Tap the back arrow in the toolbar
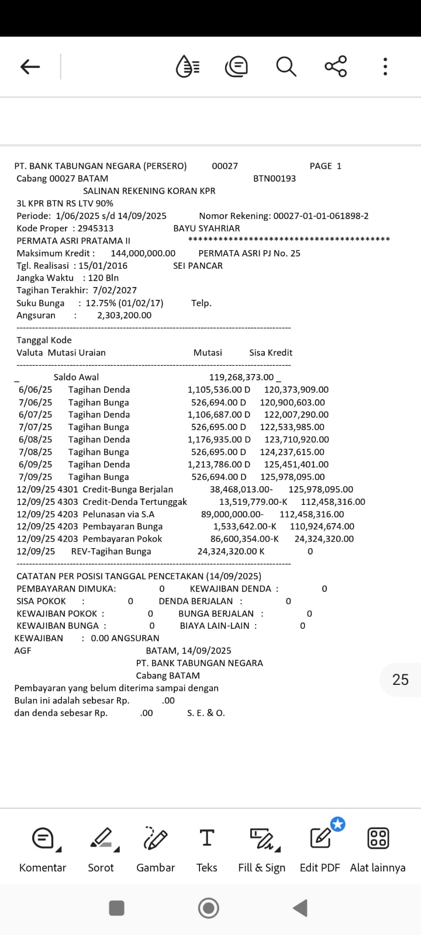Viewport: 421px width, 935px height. coord(30,67)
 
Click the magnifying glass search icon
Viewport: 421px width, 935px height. coord(286,67)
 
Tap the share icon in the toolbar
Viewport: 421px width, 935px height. coord(336,67)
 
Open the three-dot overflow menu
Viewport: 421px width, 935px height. coord(385,67)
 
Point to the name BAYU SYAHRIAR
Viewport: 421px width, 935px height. coord(206,228)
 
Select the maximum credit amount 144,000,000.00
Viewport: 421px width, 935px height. coord(143,253)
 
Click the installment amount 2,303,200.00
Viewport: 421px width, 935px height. coord(124,315)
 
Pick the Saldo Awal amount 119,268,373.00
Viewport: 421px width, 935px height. coord(241,377)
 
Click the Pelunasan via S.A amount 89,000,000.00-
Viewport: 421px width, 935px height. coord(232,514)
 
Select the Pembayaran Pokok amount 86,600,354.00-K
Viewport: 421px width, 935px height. coord(244,539)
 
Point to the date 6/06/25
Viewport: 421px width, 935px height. coord(35,389)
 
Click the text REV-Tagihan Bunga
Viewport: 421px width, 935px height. coord(111,551)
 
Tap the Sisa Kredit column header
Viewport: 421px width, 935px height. coord(271,352)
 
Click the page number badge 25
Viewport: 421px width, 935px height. coord(401,680)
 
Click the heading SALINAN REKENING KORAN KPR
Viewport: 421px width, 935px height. coord(149,191)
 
